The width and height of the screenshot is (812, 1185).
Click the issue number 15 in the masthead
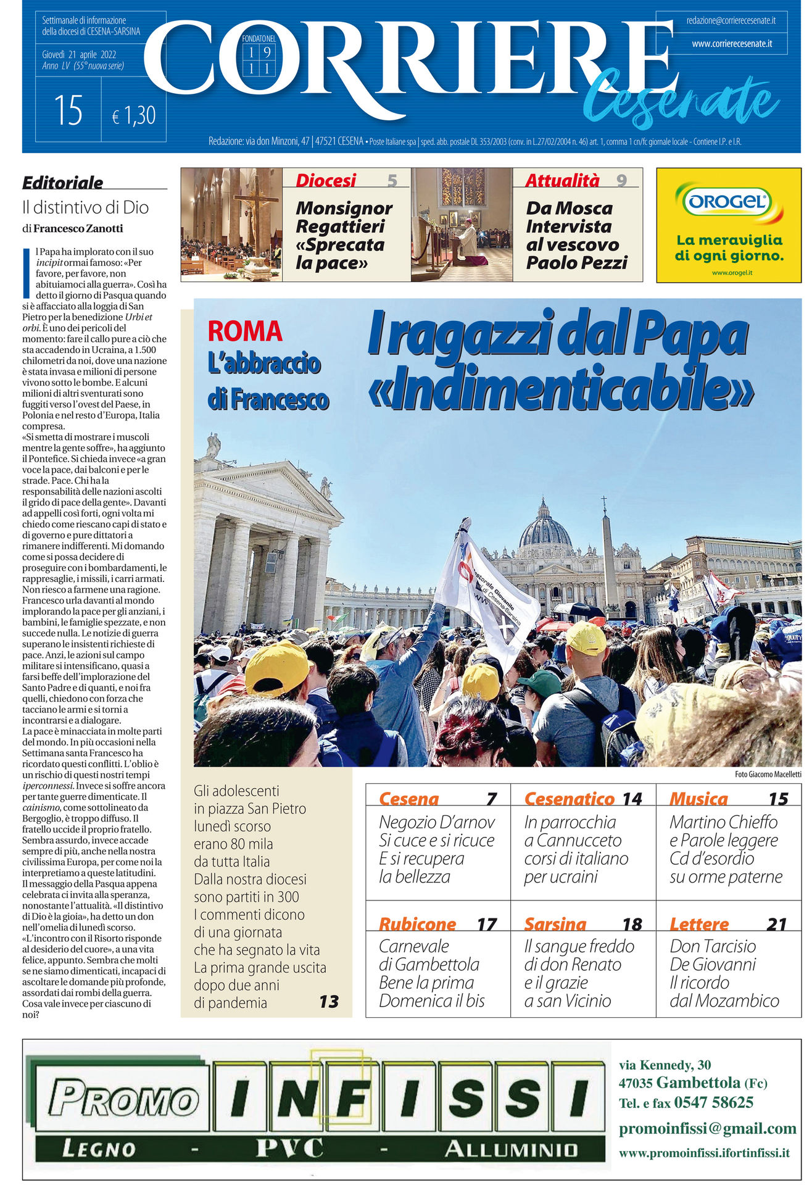68,111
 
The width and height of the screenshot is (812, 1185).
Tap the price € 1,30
133,115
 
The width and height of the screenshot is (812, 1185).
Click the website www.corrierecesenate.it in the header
731,44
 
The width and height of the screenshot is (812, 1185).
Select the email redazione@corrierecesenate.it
731,20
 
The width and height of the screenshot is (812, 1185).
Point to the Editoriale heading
62,183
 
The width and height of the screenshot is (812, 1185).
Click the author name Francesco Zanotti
78,228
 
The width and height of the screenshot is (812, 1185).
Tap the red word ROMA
245,331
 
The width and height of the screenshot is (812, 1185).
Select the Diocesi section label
326,180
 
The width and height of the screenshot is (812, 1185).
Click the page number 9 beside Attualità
621,180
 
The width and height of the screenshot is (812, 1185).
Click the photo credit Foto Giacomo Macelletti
768,774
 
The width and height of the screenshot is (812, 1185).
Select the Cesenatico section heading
569,799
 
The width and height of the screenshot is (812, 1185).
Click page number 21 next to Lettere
777,924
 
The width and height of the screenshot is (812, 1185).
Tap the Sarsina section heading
555,924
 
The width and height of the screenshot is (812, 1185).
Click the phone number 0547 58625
713,1102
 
